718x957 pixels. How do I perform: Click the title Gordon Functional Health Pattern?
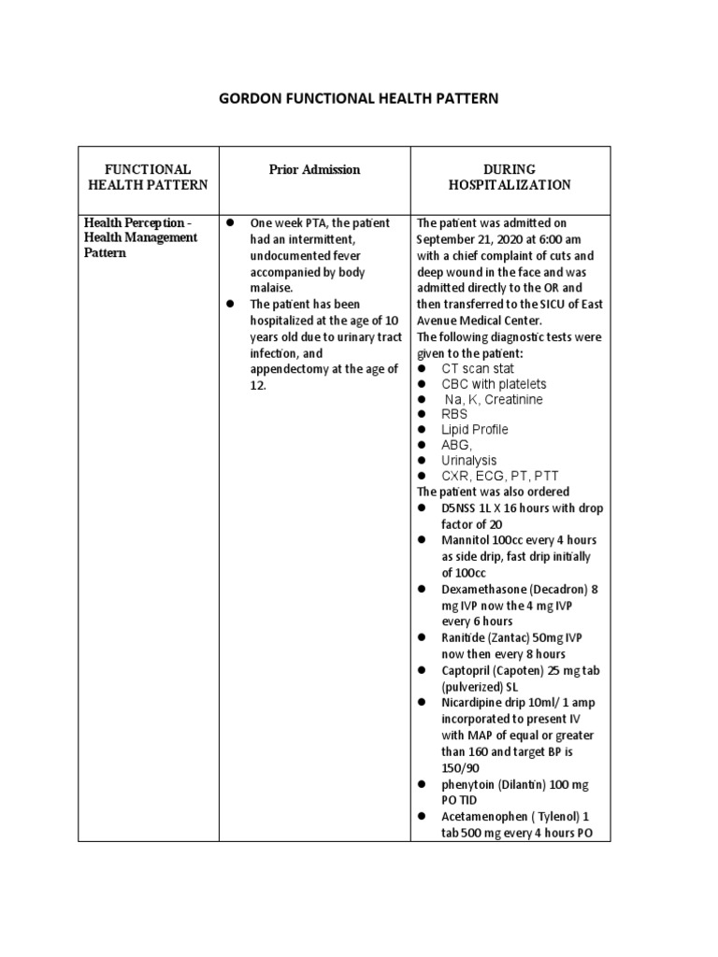[x=359, y=98]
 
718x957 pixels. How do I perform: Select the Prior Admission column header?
[x=314, y=169]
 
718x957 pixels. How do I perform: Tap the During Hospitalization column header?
[x=510, y=177]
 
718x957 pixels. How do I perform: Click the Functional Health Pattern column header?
[x=148, y=177]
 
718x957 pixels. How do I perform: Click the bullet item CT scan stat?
[x=478, y=368]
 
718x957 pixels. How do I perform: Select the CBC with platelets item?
[x=494, y=384]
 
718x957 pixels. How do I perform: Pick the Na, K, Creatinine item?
[x=493, y=399]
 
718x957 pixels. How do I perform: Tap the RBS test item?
[x=455, y=414]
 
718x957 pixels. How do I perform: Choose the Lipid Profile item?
[x=475, y=430]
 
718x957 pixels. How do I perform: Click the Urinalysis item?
[x=469, y=461]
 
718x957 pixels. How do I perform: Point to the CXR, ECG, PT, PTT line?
[x=499, y=476]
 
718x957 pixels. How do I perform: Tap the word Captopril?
[x=467, y=670]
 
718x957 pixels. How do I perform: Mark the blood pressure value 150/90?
[x=461, y=766]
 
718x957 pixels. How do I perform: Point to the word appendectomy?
[x=290, y=368]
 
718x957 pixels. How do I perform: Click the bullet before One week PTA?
[x=229, y=223]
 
